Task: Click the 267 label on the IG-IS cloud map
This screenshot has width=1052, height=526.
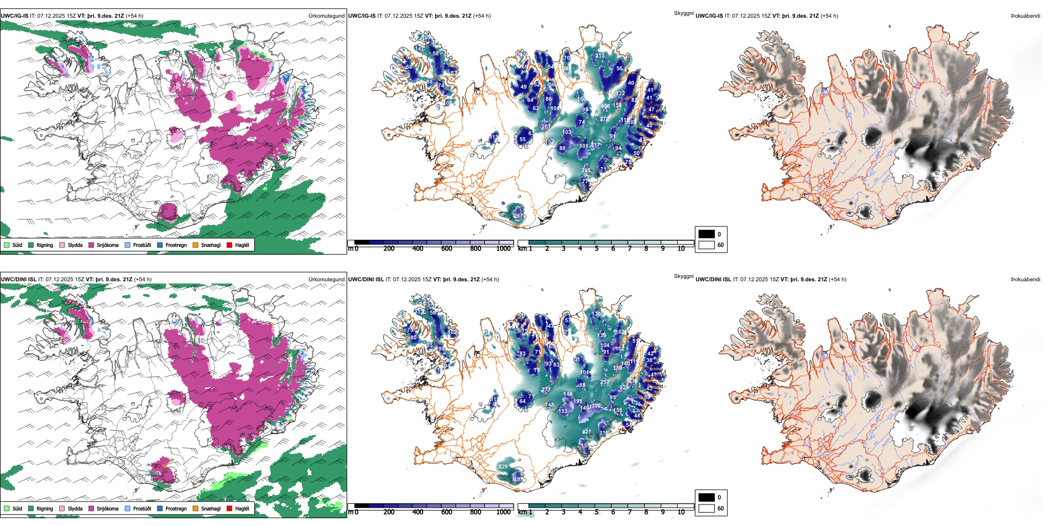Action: (518, 216)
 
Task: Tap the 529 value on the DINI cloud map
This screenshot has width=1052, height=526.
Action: (503, 467)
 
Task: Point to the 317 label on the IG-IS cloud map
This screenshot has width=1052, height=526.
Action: (596, 146)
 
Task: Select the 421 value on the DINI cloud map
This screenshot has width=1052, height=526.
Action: (586, 432)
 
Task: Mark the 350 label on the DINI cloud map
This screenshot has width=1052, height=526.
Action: (596, 406)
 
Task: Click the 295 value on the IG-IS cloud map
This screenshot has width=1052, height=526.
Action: (586, 171)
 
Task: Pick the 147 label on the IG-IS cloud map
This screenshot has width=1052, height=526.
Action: (420, 49)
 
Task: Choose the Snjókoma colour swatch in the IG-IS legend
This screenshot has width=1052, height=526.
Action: (91, 245)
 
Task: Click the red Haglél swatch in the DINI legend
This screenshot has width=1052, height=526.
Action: (230, 508)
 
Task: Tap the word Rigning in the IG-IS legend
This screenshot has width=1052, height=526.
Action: (45, 245)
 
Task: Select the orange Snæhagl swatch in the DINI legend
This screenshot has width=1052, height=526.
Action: (195, 508)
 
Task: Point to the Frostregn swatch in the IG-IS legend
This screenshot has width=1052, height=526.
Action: (160, 245)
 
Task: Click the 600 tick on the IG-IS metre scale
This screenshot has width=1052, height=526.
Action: (446, 249)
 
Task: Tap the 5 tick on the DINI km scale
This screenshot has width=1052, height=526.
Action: (596, 512)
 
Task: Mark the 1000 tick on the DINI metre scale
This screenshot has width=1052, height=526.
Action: (503, 512)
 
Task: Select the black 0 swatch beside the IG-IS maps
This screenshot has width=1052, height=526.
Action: (707, 234)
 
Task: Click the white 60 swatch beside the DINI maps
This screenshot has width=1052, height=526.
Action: (707, 508)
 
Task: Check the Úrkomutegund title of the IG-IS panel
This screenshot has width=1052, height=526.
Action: (326, 16)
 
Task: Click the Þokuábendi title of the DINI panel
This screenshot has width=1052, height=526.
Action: (1025, 280)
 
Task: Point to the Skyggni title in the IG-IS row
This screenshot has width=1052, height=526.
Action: (683, 13)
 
